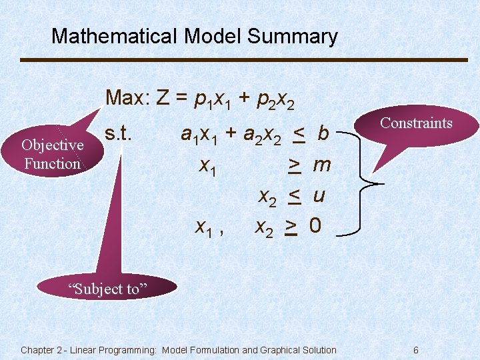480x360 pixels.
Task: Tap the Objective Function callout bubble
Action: (52, 154)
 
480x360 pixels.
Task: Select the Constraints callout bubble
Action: (416, 123)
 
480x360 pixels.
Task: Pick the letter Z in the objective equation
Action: (162, 99)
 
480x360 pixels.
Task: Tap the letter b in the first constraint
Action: (323, 134)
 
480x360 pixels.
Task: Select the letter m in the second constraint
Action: (322, 165)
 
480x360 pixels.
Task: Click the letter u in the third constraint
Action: (319, 196)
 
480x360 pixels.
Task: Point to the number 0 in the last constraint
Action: (315, 227)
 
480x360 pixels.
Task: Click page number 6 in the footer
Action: (415, 350)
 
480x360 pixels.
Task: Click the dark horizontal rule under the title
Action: (244, 60)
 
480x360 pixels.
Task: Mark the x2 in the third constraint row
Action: (268, 197)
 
